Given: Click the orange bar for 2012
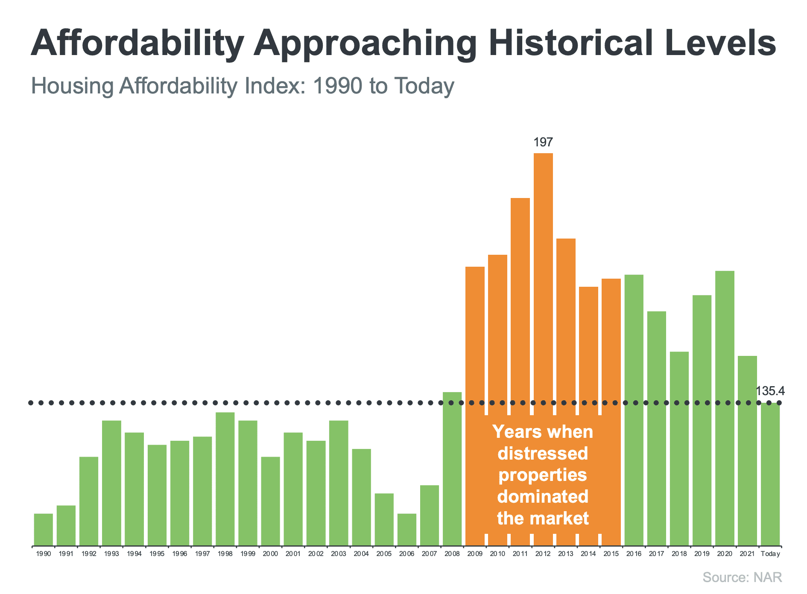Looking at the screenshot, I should point(543,277).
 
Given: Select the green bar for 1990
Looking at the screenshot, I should point(44,529).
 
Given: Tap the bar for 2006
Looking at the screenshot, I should point(407,529).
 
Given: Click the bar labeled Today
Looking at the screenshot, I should point(770,474).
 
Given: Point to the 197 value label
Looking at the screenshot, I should point(543,143).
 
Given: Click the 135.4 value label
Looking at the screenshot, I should point(770,391).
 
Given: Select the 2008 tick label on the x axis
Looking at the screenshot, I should point(452,554).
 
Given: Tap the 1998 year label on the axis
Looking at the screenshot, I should point(225,554).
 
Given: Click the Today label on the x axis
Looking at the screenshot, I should point(770,554).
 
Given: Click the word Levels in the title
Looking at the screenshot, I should point(720,43).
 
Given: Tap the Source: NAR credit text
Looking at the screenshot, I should point(742,577).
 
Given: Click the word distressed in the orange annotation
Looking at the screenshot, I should point(543,453).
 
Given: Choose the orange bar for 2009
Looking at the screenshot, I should point(475,341).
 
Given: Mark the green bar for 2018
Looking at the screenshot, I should point(679,448).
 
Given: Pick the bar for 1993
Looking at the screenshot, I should point(111,482).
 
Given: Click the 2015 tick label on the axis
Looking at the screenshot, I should point(611,554).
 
